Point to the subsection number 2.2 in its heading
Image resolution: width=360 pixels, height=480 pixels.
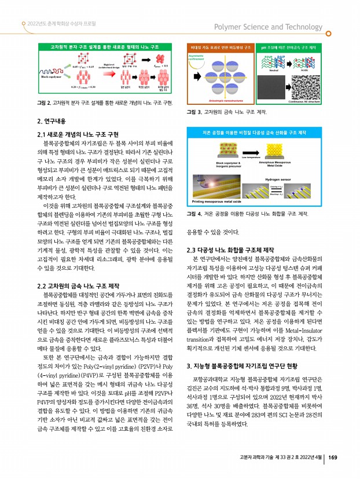[41, 285]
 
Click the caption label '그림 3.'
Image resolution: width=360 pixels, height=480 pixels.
[193, 111]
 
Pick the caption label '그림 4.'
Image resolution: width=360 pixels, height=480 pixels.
[193, 214]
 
